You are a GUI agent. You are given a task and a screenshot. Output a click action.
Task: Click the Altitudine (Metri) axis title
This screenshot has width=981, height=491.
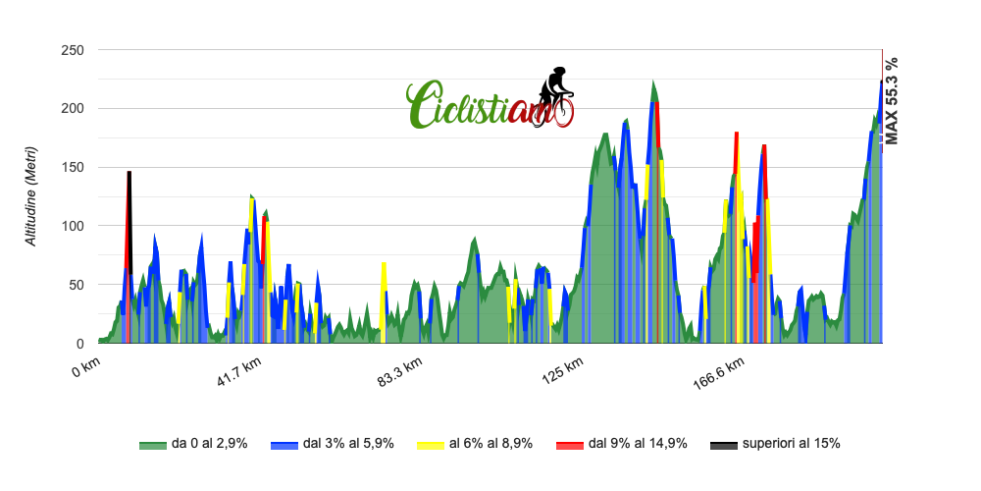[31, 196]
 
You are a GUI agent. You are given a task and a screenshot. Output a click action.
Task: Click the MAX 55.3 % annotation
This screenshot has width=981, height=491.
[891, 100]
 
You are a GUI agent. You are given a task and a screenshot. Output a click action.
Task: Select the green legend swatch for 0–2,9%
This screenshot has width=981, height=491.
[153, 445]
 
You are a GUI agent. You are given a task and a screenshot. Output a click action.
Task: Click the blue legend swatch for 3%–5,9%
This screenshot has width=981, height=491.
[284, 445]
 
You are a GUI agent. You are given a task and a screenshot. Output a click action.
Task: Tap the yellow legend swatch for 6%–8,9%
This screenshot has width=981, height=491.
[431, 445]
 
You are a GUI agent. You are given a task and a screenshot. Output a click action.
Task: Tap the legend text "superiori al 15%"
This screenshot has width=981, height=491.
[791, 444]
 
